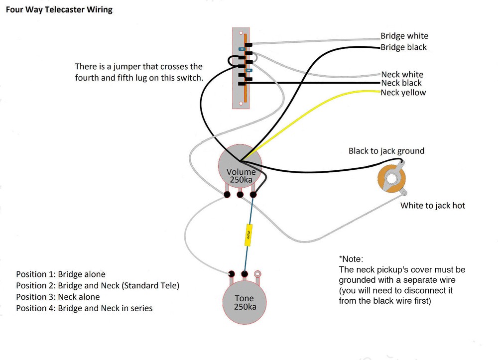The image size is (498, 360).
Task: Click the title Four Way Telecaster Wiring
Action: click(59, 10)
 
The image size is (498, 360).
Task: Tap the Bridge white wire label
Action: click(404, 36)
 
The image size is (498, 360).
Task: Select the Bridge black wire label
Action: click(403, 47)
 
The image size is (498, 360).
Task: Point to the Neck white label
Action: click(402, 74)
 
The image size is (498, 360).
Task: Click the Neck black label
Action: click(401, 83)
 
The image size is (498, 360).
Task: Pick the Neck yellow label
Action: click(403, 92)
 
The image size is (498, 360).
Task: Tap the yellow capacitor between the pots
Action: click(248, 235)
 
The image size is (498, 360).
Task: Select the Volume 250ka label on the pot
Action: click(241, 176)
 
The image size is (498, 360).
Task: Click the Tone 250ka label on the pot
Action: click(245, 302)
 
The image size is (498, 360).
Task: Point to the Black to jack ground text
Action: click(386, 151)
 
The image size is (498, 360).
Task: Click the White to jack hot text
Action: click(432, 205)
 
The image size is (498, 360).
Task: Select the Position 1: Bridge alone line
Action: click(61, 274)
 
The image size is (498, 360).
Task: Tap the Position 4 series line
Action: click(84, 308)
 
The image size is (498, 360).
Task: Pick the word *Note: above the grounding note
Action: click(351, 259)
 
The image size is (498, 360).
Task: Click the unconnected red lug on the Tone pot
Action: click(257, 273)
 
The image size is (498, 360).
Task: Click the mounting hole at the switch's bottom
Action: click(240, 104)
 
